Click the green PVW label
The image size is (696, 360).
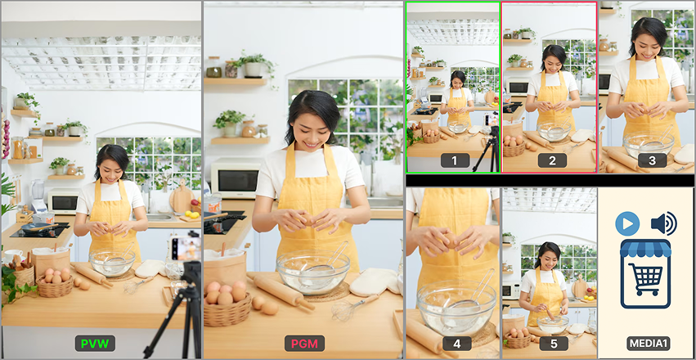(95, 343)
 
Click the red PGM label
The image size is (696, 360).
(304, 343)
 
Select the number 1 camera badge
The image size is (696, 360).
(455, 160)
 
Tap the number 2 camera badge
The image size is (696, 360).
(552, 160)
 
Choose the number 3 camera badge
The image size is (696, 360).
(652, 160)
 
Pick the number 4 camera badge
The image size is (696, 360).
(456, 344)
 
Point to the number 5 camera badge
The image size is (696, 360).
(554, 344)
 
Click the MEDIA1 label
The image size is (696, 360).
(648, 344)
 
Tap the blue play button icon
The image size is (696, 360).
(627, 223)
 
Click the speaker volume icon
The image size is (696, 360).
(663, 223)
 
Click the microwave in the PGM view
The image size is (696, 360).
(236, 178)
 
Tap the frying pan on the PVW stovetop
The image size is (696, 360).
(39, 227)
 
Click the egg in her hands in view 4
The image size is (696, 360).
(451, 240)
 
